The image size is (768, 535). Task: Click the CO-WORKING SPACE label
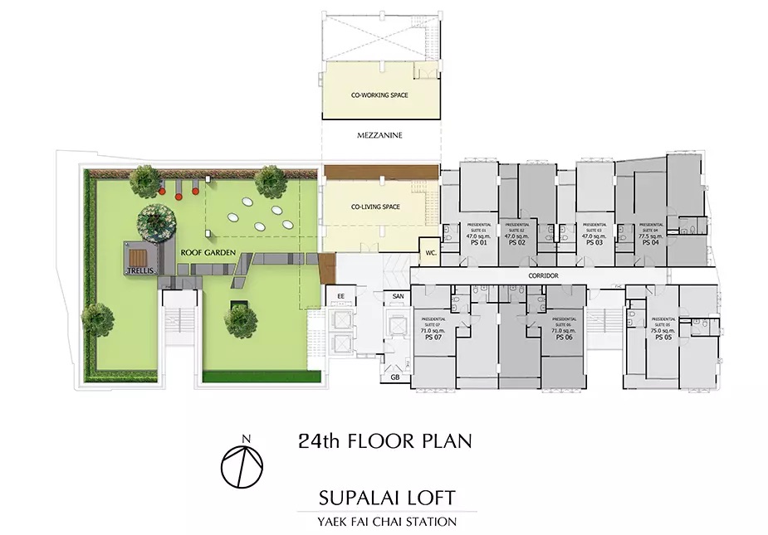pos(379,96)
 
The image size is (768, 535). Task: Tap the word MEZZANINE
pos(379,135)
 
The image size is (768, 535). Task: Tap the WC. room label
pos(431,251)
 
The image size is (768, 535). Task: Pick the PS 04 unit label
pos(649,242)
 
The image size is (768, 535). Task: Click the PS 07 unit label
pos(433,338)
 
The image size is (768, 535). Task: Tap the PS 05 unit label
pos(662,338)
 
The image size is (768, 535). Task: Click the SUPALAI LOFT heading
pos(387,498)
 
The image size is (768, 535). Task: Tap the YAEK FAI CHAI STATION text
pos(387,522)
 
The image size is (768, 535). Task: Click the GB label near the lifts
pos(394,378)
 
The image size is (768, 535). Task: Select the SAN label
pos(398,296)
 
